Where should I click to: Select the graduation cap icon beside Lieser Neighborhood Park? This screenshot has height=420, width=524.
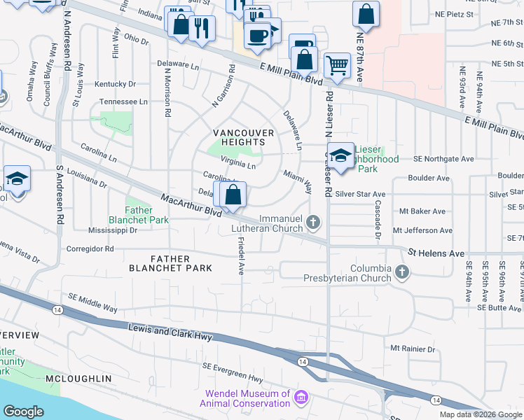tap(340, 156)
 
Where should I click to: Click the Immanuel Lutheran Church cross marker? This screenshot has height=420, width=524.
tap(314, 223)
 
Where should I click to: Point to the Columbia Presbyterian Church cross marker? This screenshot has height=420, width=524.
tap(401, 271)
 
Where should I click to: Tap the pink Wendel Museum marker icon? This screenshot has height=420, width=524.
tap(301, 398)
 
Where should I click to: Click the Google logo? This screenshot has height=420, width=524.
tap(23, 412)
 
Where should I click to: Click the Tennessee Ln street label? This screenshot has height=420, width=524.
tap(123, 101)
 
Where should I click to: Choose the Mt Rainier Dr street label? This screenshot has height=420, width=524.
tap(413, 349)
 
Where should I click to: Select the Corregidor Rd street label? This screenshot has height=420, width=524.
tap(90, 248)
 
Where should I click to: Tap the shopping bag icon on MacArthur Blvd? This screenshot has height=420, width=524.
tap(234, 194)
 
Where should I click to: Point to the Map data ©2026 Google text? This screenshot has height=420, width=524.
tap(481, 414)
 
